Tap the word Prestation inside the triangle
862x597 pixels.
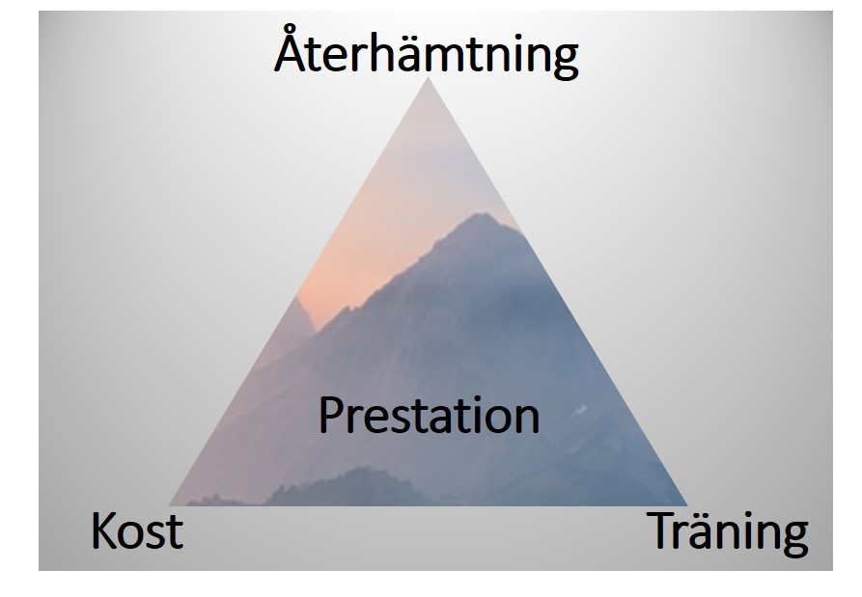(x=429, y=416)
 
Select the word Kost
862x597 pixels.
(x=137, y=530)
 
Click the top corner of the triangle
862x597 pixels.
(x=429, y=77)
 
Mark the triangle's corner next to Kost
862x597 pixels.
(x=169, y=505)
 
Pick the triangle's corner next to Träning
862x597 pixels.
(x=687, y=505)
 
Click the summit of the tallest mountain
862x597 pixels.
(x=481, y=214)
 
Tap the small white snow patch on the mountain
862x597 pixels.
(x=582, y=409)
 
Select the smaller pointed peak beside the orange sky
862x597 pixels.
(x=297, y=299)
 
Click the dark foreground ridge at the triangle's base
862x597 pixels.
(x=351, y=486)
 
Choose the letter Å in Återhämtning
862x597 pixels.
(x=291, y=48)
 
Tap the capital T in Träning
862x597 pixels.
(x=662, y=530)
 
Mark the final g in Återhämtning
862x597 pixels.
(x=565, y=60)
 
